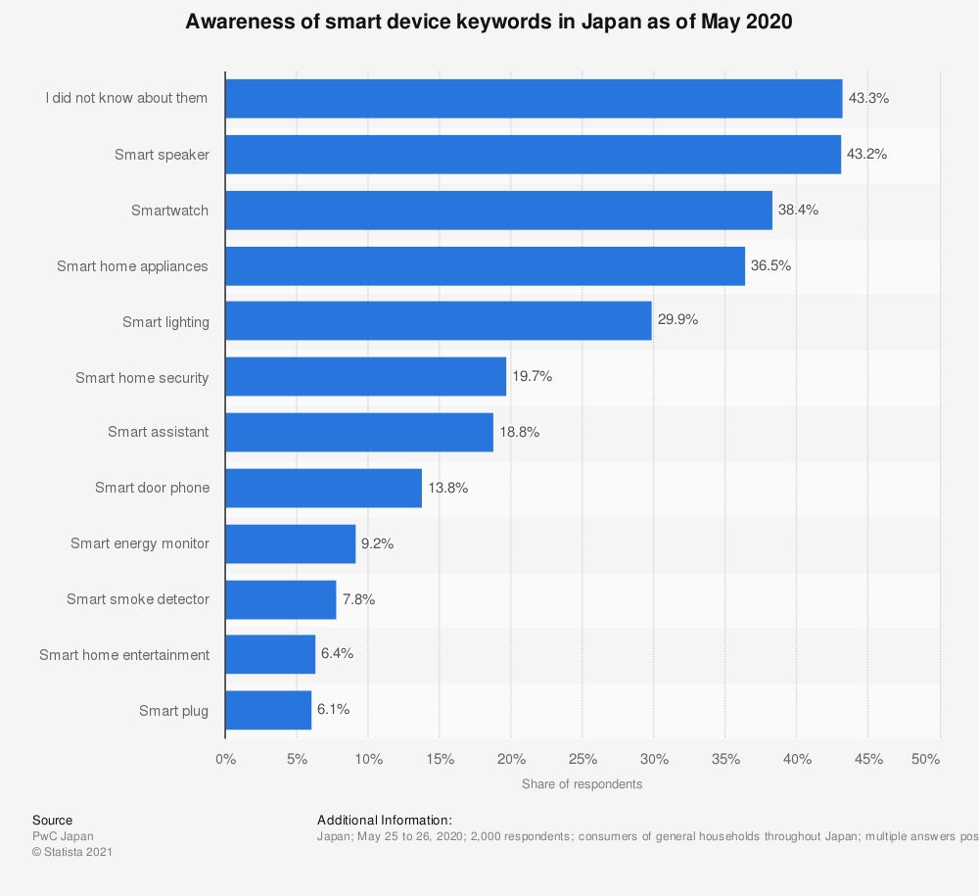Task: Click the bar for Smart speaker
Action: click(x=533, y=155)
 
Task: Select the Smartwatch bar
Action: click(x=498, y=211)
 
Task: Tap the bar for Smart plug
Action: click(x=268, y=710)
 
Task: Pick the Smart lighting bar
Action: click(x=438, y=321)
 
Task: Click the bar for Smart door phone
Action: click(x=323, y=488)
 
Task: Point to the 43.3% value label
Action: click(x=867, y=99)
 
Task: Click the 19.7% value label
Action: click(x=532, y=376)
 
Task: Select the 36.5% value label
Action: click(x=770, y=265)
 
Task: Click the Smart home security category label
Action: click(x=142, y=377)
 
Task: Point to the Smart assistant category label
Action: click(x=158, y=432)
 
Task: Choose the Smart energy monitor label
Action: click(x=139, y=543)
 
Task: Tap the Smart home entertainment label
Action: click(x=124, y=654)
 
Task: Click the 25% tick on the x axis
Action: click(x=583, y=760)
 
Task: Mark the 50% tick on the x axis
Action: click(x=925, y=760)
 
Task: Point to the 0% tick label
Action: click(x=225, y=760)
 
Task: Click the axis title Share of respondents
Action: click(x=582, y=784)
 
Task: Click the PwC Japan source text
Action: click(x=63, y=836)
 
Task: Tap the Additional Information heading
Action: click(x=385, y=820)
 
